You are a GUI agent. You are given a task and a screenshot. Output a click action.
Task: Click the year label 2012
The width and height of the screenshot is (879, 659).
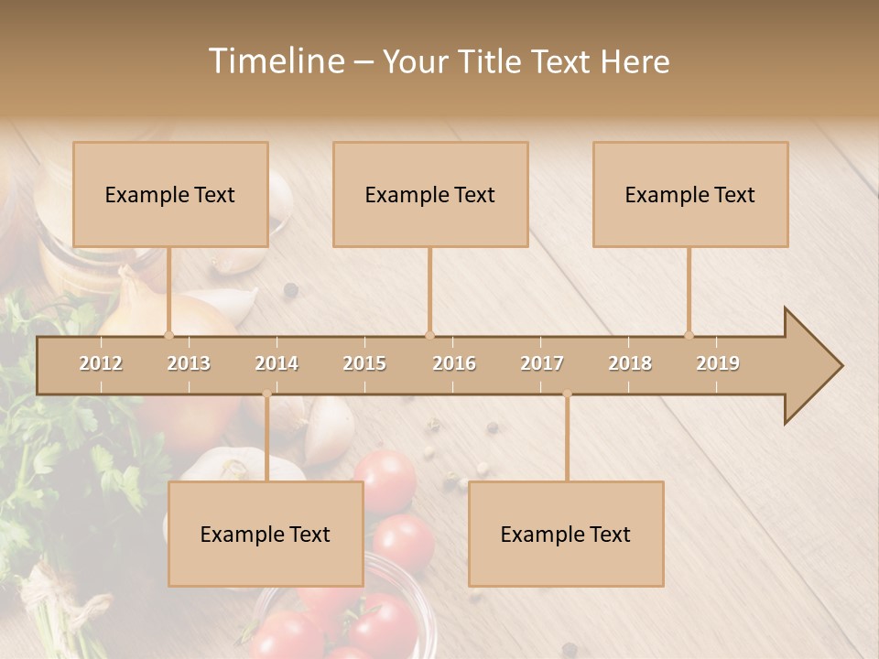101,363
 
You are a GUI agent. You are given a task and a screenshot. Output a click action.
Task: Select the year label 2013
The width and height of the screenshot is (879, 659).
189,363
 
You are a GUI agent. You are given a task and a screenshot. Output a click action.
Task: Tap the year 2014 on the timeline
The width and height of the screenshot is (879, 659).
277,363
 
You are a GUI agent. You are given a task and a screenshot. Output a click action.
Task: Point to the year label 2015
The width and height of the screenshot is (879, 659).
364,363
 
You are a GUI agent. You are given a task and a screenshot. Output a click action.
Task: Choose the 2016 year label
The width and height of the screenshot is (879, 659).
454,363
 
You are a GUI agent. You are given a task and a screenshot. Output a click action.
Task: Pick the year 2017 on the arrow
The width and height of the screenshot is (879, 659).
542,363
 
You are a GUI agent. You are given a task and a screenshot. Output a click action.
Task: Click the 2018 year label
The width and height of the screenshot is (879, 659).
630,363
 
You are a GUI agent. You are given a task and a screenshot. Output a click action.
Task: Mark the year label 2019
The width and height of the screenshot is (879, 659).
718,363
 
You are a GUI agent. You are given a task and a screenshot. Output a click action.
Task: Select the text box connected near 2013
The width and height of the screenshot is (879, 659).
170,194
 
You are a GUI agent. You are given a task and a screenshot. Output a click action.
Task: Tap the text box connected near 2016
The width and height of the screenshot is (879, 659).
430,194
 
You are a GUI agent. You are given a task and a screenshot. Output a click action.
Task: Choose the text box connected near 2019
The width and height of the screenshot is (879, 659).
690,194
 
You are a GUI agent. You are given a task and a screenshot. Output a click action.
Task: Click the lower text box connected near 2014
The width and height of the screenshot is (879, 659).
266,534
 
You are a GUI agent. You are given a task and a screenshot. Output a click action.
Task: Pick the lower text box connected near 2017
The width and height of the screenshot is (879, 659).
566,534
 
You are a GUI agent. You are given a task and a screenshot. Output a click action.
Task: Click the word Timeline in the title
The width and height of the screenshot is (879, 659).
276,61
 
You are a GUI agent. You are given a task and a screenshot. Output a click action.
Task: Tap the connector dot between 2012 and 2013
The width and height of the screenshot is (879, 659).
169,335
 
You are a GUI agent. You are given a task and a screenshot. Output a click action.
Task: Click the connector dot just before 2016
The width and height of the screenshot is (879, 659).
429,335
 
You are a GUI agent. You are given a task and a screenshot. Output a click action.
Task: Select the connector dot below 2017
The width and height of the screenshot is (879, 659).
567,394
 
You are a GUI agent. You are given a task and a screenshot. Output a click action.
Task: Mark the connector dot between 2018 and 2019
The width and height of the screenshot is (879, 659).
689,335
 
